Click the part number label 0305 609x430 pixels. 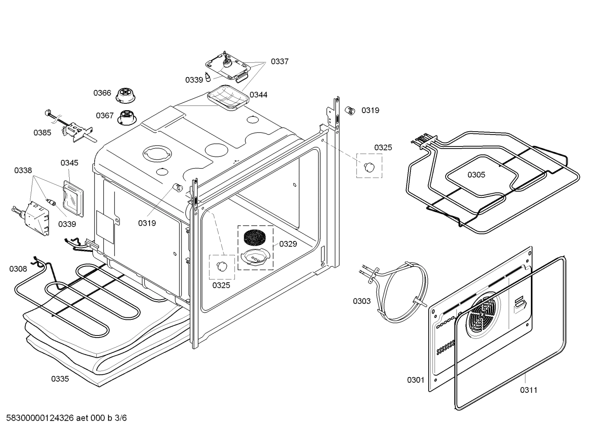(x=476, y=175)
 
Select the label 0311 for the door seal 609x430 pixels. (x=528, y=390)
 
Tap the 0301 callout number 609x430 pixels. (x=416, y=380)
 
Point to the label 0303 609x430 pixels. (x=362, y=301)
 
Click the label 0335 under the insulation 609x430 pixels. (x=60, y=379)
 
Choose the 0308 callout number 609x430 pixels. (x=18, y=269)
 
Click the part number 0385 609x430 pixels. (x=42, y=133)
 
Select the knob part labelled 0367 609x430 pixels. (x=126, y=117)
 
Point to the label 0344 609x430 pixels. (x=258, y=95)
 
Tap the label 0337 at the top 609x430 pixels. (x=279, y=62)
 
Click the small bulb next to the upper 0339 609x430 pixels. (x=208, y=77)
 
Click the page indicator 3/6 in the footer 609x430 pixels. (x=120, y=418)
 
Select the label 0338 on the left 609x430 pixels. (x=23, y=170)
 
